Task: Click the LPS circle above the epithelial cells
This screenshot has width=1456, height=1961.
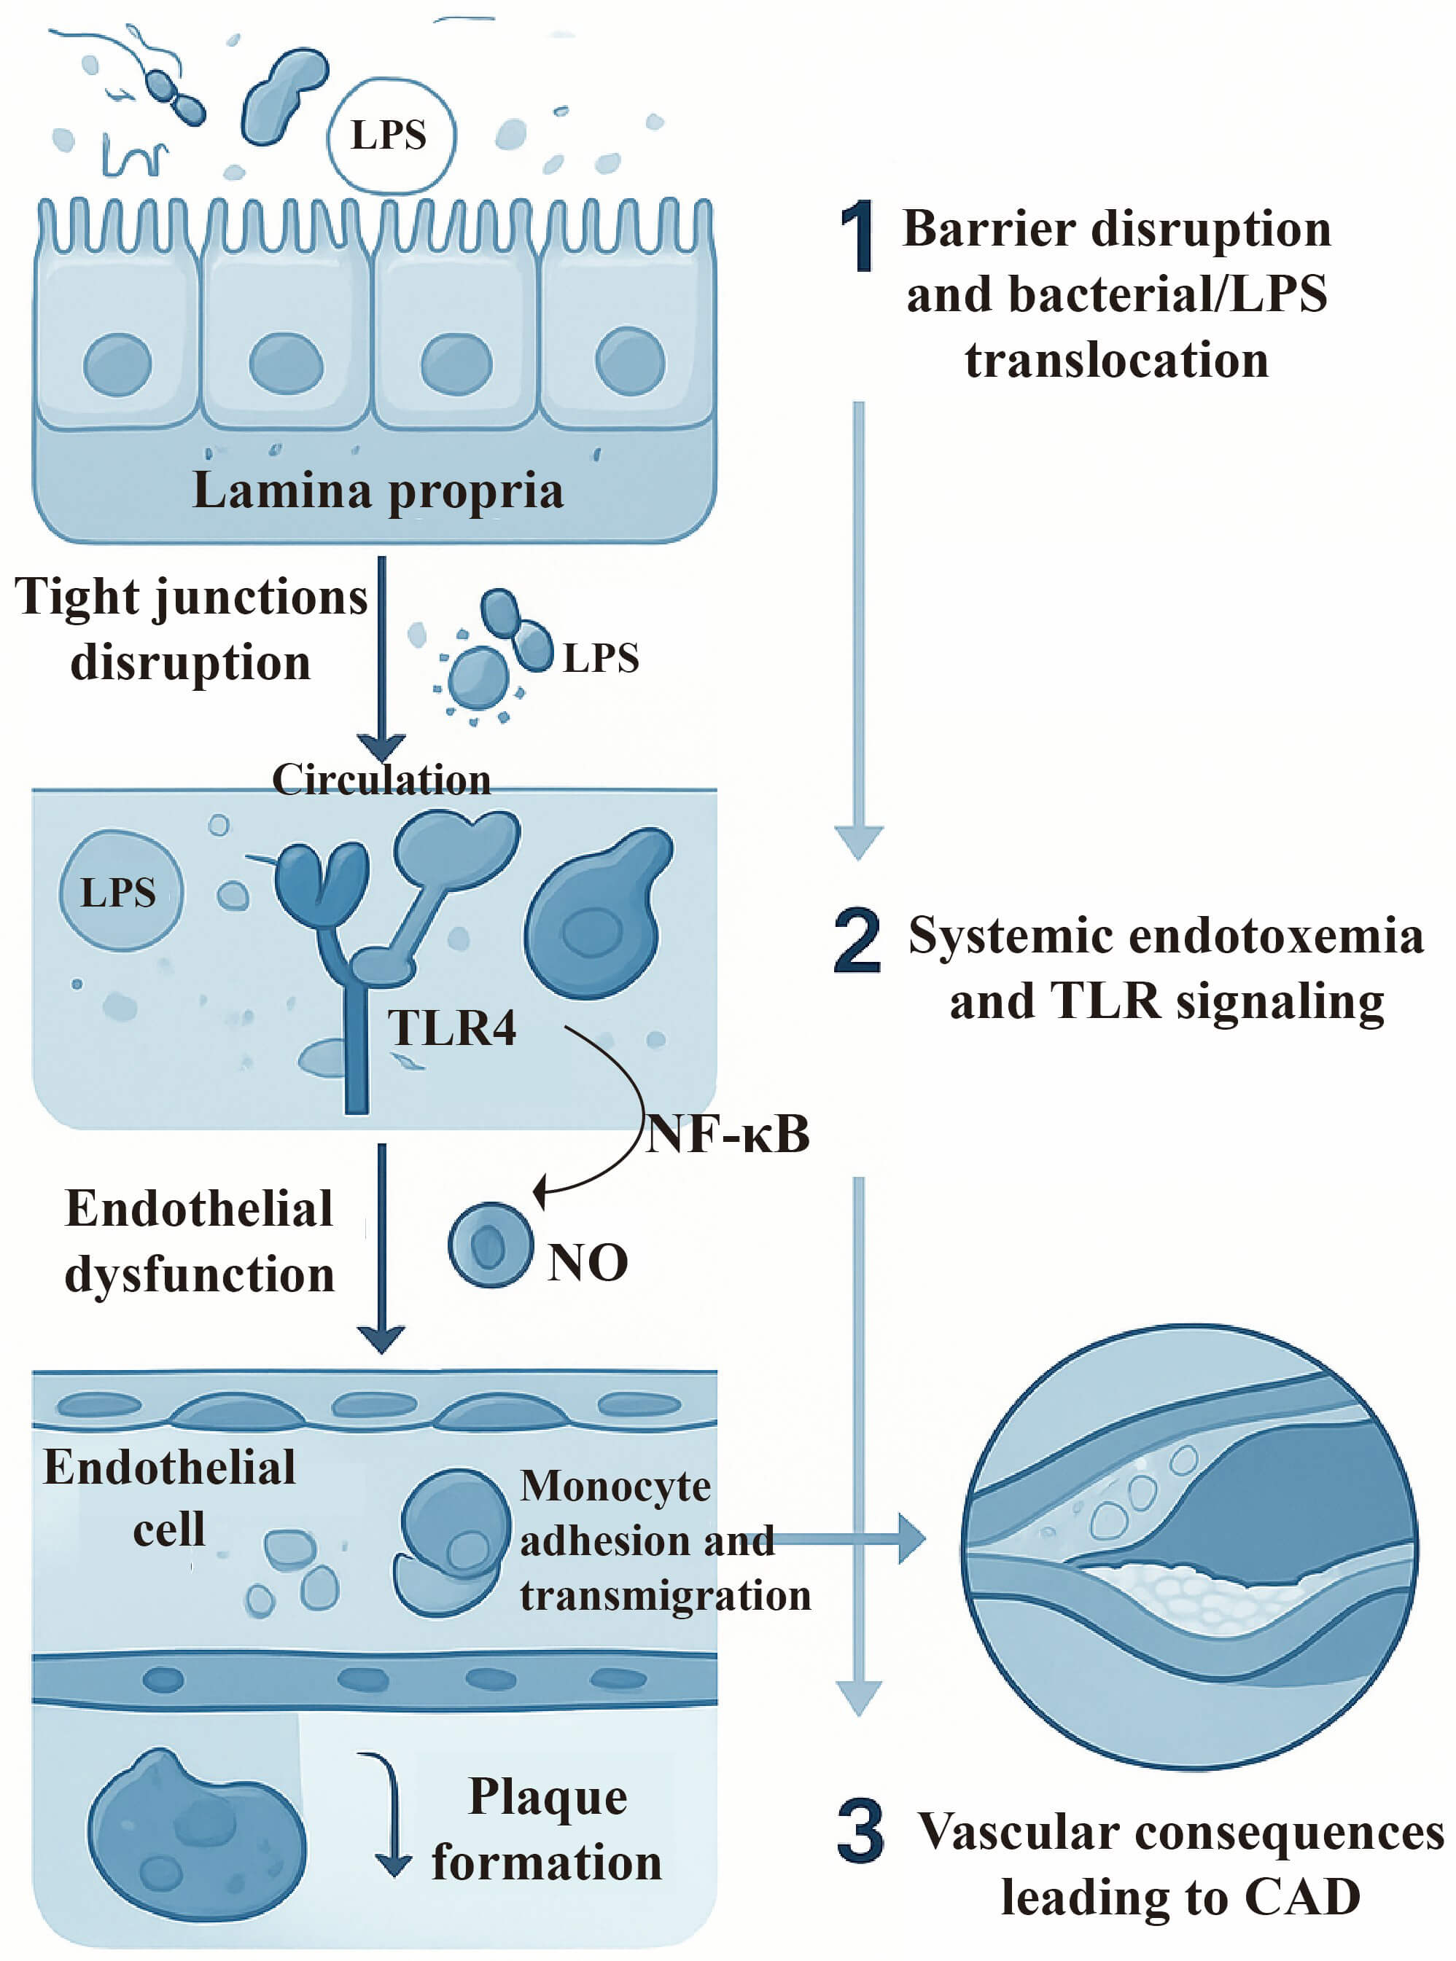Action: [391, 136]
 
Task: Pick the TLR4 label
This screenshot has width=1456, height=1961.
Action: [452, 1028]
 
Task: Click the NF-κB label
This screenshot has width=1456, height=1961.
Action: [727, 1134]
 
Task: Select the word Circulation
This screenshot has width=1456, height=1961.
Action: [381, 780]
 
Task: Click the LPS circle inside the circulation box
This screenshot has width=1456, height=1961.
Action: [121, 891]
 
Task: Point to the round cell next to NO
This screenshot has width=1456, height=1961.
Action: [490, 1245]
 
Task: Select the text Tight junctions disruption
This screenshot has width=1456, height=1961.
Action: [190, 629]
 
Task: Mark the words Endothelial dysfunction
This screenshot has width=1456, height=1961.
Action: [199, 1240]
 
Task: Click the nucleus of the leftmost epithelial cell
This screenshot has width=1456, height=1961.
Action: [117, 364]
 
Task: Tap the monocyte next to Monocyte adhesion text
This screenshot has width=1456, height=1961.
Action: [452, 1542]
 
